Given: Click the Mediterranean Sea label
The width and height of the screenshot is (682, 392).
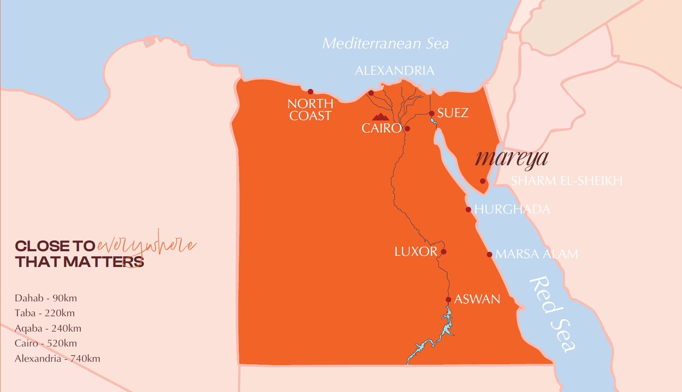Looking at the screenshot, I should [385, 43].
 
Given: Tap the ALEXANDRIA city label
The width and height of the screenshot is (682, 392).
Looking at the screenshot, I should [394, 71].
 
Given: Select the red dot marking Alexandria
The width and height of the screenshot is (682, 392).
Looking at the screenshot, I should [371, 93].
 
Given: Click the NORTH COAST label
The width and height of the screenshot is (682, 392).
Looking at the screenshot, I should [310, 110].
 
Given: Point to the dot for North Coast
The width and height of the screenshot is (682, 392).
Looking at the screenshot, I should [310, 91].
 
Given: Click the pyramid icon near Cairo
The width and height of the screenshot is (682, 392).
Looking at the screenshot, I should [380, 117].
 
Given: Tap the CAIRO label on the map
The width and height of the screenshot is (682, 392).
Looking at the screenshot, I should [381, 128].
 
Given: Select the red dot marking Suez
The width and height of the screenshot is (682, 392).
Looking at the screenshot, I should [432, 113].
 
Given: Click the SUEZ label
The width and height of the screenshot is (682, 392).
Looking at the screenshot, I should [453, 113].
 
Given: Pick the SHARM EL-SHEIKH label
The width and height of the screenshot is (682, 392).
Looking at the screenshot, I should [566, 181].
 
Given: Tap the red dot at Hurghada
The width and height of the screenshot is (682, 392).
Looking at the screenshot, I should [468, 209].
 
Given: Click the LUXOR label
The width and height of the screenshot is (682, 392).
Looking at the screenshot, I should [415, 252].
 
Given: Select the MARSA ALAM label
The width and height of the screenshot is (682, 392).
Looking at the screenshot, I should [536, 254].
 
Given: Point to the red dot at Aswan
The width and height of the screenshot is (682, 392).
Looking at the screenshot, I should [448, 300].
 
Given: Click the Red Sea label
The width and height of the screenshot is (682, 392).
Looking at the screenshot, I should [552, 314].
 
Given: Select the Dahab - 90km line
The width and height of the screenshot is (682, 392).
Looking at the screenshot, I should [46, 298].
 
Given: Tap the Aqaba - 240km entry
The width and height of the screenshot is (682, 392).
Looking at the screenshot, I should [48, 328].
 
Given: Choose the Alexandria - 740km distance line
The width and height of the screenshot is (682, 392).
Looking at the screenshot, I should [57, 358].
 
